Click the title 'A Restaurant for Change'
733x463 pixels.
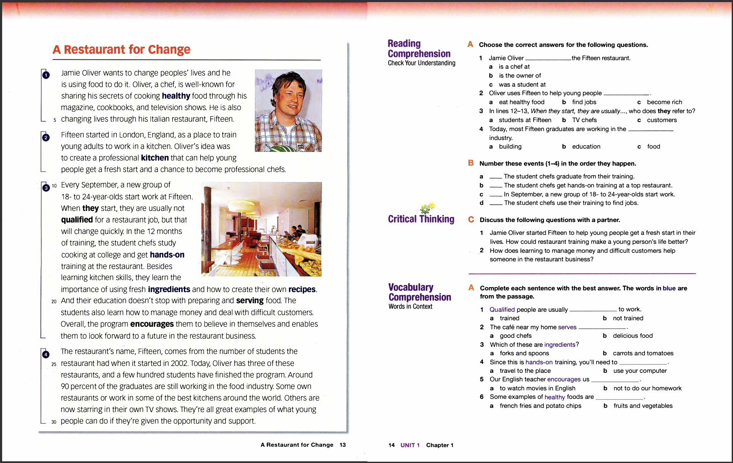tap(121, 50)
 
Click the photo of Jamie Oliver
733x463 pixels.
tap(288, 110)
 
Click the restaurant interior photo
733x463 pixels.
tap(261, 229)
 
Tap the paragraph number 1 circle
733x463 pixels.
tap(46, 75)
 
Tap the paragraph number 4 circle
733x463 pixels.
tap(46, 355)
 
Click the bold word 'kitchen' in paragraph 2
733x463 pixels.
tap(155, 158)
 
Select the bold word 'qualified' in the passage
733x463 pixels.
tap(77, 220)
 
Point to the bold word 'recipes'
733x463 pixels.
tap(302, 289)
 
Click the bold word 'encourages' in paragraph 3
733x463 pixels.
tap(152, 324)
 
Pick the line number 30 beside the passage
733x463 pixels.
tap(54, 422)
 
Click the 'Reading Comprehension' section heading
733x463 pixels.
tap(419, 49)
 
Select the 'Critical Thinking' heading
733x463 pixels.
tap(421, 219)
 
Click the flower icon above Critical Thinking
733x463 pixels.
tap(427, 208)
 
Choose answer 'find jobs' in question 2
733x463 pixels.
tap(584, 102)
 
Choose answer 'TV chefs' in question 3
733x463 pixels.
tap(584, 120)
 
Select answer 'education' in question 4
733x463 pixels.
tap(586, 147)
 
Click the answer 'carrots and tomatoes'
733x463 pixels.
tap(643, 353)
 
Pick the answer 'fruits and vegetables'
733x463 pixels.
tap(643, 406)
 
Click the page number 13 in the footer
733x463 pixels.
tap(343, 445)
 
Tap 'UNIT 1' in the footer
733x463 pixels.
tap(410, 445)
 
